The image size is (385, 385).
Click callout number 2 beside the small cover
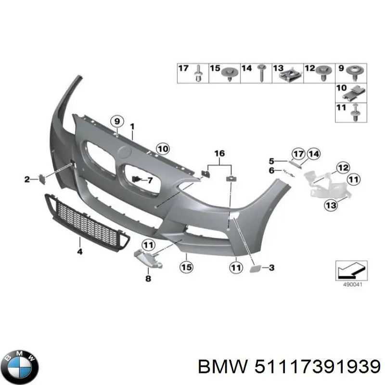pos(27,180)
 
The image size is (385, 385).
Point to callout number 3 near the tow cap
pos(271,267)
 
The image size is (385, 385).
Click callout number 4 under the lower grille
pos(79,251)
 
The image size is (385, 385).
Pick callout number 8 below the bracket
pos(148,278)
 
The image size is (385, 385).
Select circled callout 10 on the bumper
pos(163,149)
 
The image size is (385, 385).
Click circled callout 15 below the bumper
pos(186,266)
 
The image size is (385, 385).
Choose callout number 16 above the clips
pos(219,154)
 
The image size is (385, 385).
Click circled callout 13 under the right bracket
pos(331,206)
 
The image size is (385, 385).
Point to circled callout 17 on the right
pos(298,154)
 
